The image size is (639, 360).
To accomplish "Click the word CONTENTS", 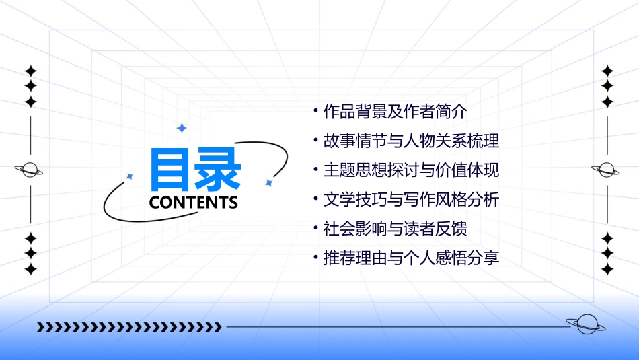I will point(194,203).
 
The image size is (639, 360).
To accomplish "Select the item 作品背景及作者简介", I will point(395,111).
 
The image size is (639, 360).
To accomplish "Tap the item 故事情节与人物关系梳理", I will point(411,141).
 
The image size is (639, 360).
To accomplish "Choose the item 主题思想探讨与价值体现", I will point(411,170).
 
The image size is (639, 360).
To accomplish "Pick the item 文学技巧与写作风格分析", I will point(411,199).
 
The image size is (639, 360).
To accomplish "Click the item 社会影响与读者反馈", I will point(395,228).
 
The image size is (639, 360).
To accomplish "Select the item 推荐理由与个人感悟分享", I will point(411,258).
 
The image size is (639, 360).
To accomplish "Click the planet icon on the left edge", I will point(30,170).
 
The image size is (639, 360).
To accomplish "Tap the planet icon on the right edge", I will point(607,170).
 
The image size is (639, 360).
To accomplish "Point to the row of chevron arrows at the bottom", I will point(129,327).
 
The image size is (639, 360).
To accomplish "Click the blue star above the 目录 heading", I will point(181,128).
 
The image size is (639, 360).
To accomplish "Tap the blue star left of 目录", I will point(130,176).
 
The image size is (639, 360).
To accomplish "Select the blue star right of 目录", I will point(268,182).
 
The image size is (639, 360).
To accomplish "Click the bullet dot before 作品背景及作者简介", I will point(315,111).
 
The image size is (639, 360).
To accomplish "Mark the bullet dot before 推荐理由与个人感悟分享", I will point(315,258).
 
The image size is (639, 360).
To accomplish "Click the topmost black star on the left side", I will point(30,71).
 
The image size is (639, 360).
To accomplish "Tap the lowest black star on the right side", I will point(607,269).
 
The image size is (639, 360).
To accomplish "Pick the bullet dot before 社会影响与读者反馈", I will point(315,228).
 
